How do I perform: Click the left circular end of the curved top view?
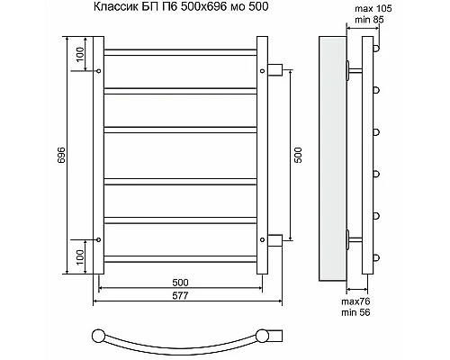pyautogui.click(x=97, y=337)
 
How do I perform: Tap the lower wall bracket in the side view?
pyautogui.click(x=350, y=239)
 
